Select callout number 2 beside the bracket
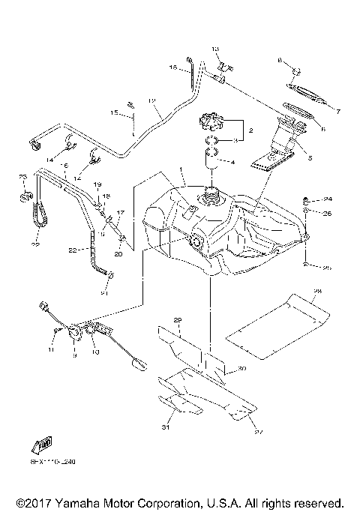[x=250, y=130]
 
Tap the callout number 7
[x=338, y=112]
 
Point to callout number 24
[x=328, y=199]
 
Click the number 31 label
[x=166, y=428]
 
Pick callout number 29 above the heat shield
[x=178, y=321]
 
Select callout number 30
[x=241, y=368]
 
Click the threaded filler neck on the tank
[x=211, y=199]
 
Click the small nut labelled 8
[x=295, y=72]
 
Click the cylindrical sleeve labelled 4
[x=211, y=160]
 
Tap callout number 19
[x=97, y=184]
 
